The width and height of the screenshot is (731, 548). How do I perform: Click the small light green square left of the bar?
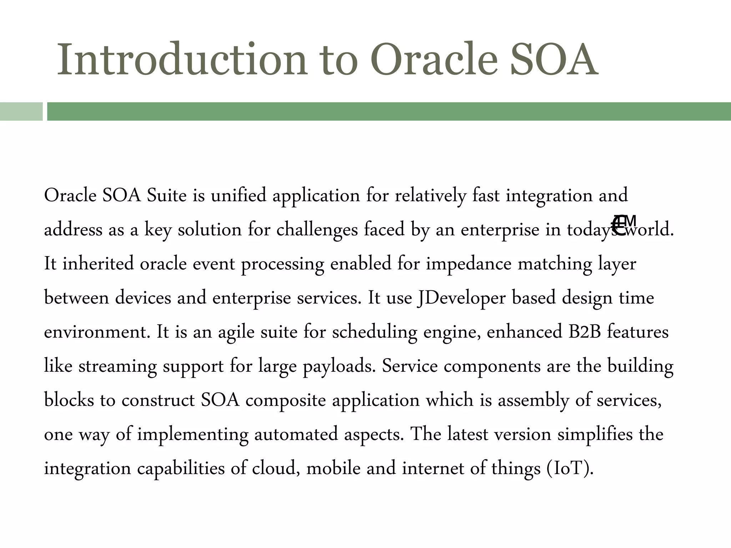21,111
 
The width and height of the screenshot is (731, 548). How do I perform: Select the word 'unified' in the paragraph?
238,196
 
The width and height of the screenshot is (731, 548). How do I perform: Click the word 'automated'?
296,434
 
